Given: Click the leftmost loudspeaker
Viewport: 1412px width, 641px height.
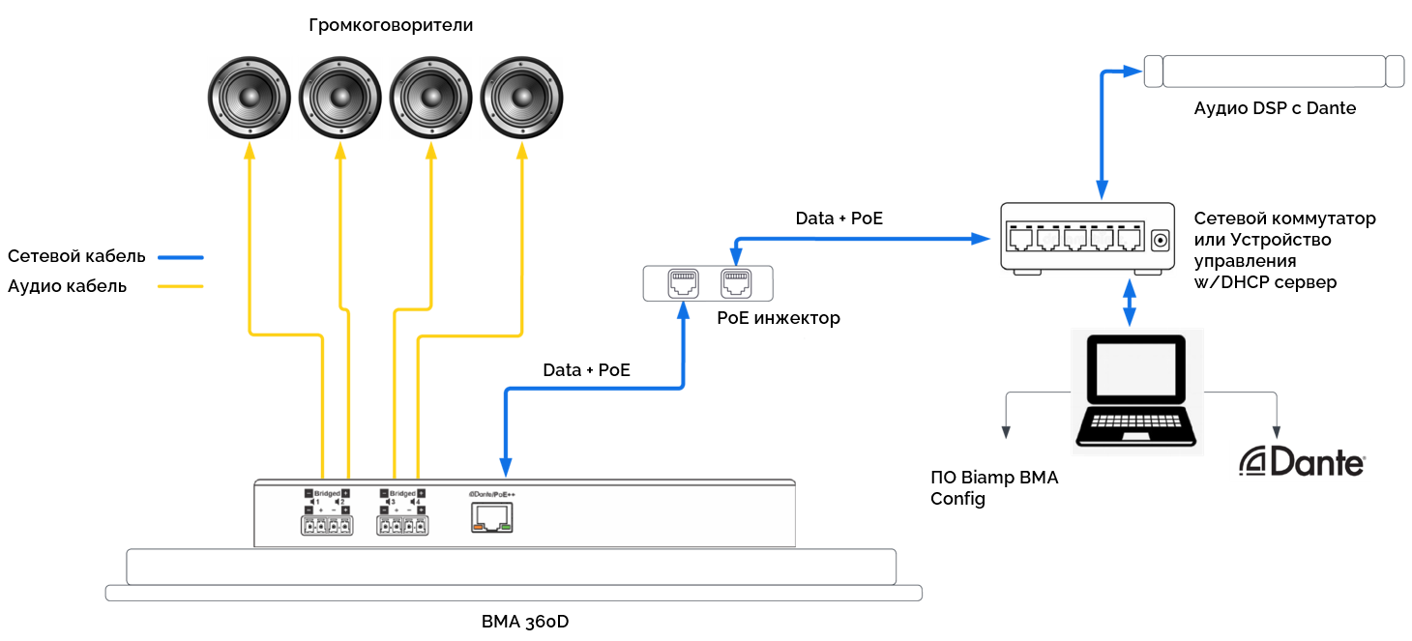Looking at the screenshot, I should [250, 97].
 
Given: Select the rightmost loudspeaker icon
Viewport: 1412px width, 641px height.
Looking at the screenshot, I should [522, 97].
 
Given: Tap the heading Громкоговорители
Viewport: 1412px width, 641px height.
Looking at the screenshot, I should [391, 25].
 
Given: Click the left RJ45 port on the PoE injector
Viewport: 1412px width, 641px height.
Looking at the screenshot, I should [683, 282].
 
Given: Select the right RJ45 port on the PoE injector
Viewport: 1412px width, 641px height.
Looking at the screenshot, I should [735, 282].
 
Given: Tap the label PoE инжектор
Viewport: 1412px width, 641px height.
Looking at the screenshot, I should [779, 317].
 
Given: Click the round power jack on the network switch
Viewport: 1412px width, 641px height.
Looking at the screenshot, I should [1160, 237].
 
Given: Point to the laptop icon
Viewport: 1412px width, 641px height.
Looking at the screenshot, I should [1137, 391].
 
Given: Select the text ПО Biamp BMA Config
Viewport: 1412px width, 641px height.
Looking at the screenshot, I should [994, 488].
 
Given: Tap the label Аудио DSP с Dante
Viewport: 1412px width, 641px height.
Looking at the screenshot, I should [1275, 108].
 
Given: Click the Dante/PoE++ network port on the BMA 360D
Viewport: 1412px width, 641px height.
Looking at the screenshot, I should [492, 520].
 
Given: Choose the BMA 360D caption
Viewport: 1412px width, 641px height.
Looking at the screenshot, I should [524, 621].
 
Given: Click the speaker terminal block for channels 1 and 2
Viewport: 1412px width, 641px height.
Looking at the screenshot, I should [326, 526].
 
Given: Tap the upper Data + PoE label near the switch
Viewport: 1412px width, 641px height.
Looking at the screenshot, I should [838, 219].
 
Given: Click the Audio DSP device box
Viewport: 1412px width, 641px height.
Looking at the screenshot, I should [1274, 72].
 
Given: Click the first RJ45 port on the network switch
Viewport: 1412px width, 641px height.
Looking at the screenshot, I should [1020, 237].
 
